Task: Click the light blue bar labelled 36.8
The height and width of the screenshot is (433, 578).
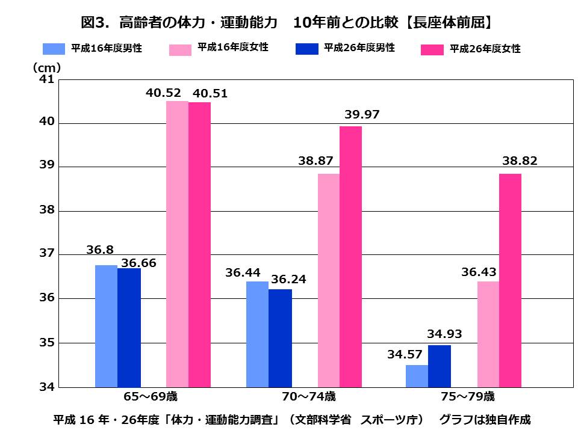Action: [106, 325]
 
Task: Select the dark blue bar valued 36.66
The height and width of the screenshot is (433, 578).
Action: [129, 327]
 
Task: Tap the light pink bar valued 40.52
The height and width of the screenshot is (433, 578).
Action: [177, 244]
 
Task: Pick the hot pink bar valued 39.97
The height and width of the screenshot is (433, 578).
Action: [350, 256]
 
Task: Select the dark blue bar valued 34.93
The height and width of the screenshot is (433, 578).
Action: [440, 366]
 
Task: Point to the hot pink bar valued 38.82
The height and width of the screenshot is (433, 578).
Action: [510, 280]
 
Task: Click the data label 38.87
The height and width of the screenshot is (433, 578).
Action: [315, 161]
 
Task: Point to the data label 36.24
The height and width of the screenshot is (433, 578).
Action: [287, 280]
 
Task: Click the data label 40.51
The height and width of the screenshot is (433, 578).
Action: [209, 93]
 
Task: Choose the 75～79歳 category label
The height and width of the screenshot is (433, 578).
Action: [468, 397]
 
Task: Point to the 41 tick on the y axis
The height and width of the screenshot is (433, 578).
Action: [47, 79]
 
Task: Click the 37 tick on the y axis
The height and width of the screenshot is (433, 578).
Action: [47, 254]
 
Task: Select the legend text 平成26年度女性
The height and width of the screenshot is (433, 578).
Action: [485, 49]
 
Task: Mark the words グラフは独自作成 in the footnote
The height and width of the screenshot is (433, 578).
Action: [485, 419]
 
